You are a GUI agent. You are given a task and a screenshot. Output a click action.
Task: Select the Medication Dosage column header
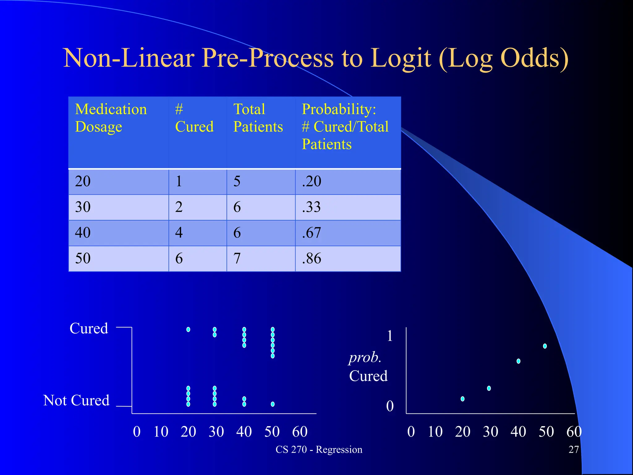click(111, 118)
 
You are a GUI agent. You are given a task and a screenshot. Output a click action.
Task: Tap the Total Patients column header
click(258, 118)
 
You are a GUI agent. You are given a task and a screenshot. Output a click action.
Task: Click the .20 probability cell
click(312, 181)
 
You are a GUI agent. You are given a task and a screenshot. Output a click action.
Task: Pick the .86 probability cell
click(312, 259)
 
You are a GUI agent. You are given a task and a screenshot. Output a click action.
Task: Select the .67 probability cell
click(312, 233)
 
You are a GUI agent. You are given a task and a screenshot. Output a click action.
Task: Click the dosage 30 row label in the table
click(83, 207)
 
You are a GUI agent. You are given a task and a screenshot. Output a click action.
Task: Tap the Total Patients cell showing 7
click(237, 259)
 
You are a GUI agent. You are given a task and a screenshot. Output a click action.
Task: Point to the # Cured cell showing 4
click(179, 233)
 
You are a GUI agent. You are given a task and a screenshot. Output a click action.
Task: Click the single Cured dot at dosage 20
click(188, 330)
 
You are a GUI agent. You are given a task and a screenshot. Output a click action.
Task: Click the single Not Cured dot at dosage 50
click(273, 404)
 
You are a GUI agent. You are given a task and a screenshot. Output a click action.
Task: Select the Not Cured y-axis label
click(76, 400)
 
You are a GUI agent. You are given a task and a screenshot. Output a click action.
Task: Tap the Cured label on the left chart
click(89, 328)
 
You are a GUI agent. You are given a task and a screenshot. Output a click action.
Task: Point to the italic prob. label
click(365, 357)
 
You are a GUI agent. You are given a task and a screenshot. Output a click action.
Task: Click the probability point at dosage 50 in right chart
click(545, 346)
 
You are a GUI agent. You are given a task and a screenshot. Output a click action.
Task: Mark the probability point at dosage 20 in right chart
click(462, 399)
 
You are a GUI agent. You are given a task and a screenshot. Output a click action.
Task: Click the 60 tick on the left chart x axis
click(300, 432)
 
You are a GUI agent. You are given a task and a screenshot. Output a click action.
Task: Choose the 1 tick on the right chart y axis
click(390, 336)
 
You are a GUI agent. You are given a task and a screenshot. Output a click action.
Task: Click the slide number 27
click(574, 449)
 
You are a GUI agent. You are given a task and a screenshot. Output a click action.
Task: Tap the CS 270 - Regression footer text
click(319, 449)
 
